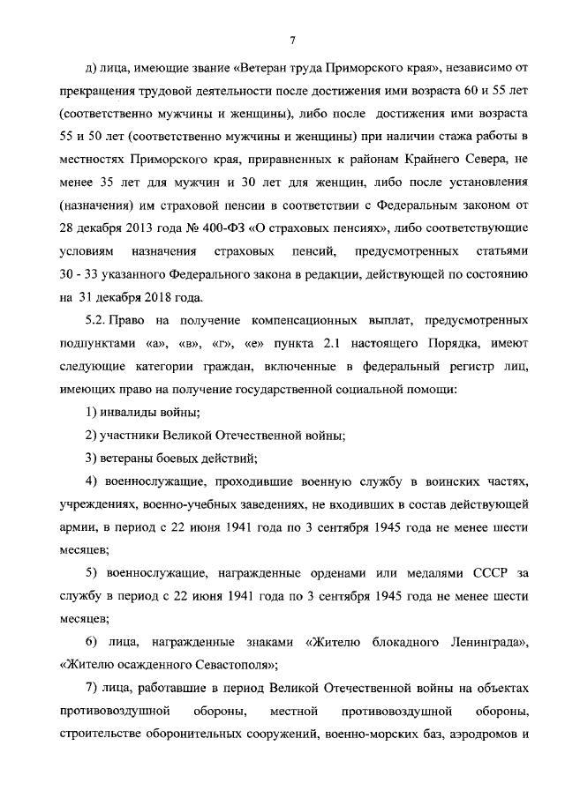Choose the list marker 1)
90,411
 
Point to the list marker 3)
90,457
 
